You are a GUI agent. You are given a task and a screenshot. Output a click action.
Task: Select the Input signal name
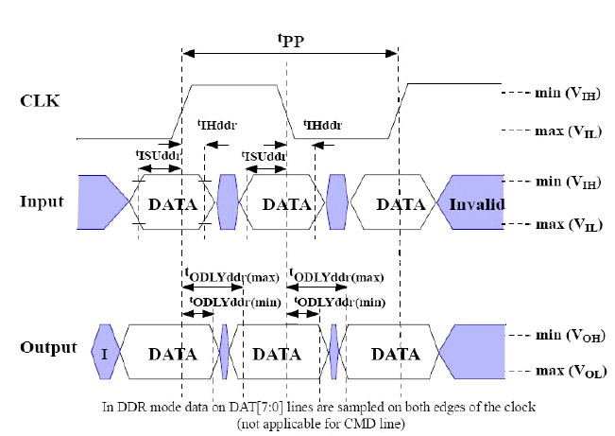(43, 201)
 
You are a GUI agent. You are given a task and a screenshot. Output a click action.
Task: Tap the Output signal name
(48, 347)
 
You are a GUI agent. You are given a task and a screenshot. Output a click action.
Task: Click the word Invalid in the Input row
(477, 204)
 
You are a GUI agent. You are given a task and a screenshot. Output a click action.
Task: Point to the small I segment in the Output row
(105, 354)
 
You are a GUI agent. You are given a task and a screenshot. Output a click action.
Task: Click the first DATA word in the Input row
(173, 204)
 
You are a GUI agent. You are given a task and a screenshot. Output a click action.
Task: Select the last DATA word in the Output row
(395, 354)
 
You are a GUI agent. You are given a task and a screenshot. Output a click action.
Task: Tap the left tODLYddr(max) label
(233, 275)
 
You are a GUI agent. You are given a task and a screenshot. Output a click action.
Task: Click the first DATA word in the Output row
(173, 354)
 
